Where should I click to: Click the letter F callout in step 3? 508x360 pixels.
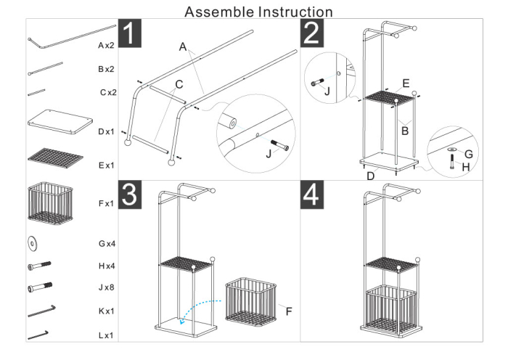coord(289,311)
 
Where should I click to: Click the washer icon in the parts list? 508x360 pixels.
coord(33,242)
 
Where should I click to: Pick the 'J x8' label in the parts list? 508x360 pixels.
coord(106,288)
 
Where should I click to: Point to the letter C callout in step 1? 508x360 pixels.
coord(179,84)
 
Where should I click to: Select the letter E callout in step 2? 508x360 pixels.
coord(406,84)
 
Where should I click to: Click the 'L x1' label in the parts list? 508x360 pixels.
coord(106,336)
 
